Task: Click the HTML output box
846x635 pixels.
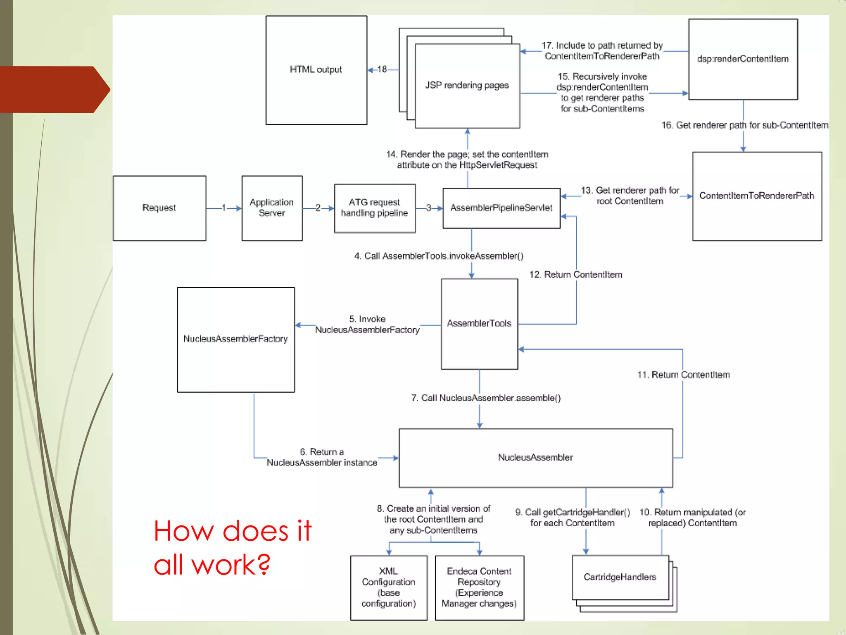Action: click(x=316, y=70)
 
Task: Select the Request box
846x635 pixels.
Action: click(x=159, y=208)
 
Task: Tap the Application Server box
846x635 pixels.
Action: click(x=272, y=208)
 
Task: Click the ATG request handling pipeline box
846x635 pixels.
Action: click(x=374, y=208)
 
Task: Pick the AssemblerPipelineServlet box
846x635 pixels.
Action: click(x=501, y=208)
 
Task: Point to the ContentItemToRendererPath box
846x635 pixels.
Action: click(x=757, y=196)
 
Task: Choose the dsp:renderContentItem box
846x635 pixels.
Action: click(x=743, y=59)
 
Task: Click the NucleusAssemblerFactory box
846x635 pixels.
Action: click(x=235, y=339)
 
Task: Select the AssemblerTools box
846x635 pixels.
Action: click(x=479, y=324)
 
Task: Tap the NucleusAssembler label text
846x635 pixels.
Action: click(x=535, y=458)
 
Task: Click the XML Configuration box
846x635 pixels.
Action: click(x=388, y=587)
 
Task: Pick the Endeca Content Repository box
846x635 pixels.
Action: click(x=479, y=587)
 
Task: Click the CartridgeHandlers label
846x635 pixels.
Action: click(x=620, y=577)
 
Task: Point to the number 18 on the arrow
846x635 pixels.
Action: click(x=382, y=69)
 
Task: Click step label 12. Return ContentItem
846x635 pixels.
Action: click(x=576, y=275)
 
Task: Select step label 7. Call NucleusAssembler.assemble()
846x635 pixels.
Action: click(x=486, y=398)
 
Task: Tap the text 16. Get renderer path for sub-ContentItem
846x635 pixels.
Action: click(x=745, y=125)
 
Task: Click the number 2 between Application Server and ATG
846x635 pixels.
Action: click(x=318, y=208)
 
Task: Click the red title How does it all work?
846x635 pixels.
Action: click(x=232, y=548)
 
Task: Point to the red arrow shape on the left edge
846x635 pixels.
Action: click(x=54, y=89)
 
